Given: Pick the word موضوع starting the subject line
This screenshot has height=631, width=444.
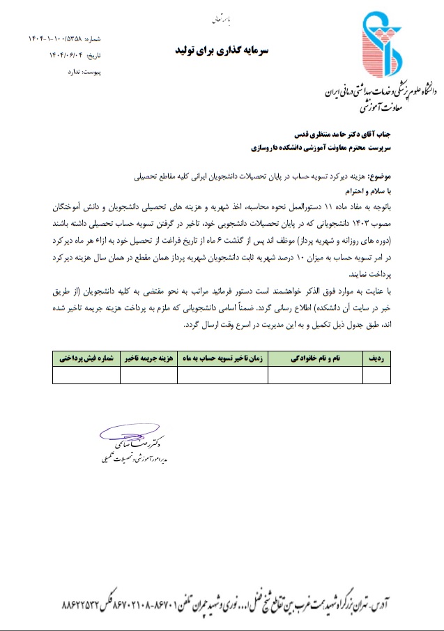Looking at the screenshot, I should pos(376,176).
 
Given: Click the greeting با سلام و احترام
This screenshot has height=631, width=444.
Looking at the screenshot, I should pos(365,190).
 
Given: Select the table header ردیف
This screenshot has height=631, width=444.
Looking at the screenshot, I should pos(376,358).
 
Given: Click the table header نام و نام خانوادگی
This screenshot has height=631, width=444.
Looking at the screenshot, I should pos(315,358).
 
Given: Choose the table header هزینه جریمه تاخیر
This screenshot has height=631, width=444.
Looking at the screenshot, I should pos(148,358).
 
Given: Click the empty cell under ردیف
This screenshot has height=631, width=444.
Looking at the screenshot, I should pos(376,375).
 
